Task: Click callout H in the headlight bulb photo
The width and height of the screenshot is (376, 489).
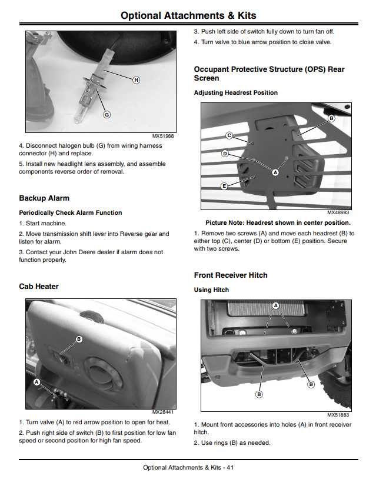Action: pos(137,80)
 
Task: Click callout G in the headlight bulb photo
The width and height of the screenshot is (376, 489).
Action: pos(107,115)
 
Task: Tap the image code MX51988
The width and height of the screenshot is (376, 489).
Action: pos(163,136)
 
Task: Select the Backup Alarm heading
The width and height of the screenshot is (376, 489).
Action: pos(44,198)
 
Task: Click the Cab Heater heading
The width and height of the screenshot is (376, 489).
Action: pos(39,287)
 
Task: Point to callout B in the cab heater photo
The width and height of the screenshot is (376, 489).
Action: pos(79,339)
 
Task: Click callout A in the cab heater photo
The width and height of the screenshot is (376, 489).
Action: pos(37,382)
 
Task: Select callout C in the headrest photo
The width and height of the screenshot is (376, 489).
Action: pos(229,135)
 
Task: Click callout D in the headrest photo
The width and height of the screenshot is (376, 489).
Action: pos(225,154)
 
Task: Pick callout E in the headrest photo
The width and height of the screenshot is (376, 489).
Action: pos(224,186)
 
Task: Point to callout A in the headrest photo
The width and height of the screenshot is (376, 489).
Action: pos(275,172)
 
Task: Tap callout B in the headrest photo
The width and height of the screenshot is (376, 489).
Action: pos(331,118)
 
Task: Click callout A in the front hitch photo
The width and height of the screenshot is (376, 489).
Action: pos(275,305)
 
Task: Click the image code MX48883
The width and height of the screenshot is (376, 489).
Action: pos(338,212)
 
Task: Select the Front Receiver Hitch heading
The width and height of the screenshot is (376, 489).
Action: pos(231,275)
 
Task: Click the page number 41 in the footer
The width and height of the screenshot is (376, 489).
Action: pos(230,467)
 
